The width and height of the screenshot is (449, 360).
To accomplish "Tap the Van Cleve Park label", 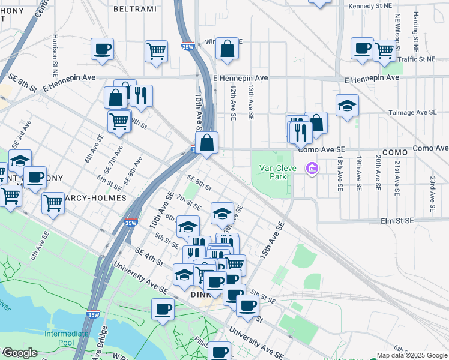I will (277, 173).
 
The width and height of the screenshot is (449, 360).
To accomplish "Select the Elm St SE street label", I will (397, 221).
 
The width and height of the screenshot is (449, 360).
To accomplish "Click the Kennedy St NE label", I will (369, 6).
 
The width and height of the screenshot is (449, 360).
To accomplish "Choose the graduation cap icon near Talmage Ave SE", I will (347, 106).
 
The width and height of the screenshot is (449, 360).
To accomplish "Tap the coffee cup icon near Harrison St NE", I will (103, 49).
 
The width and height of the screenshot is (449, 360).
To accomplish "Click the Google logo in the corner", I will (19, 353).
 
